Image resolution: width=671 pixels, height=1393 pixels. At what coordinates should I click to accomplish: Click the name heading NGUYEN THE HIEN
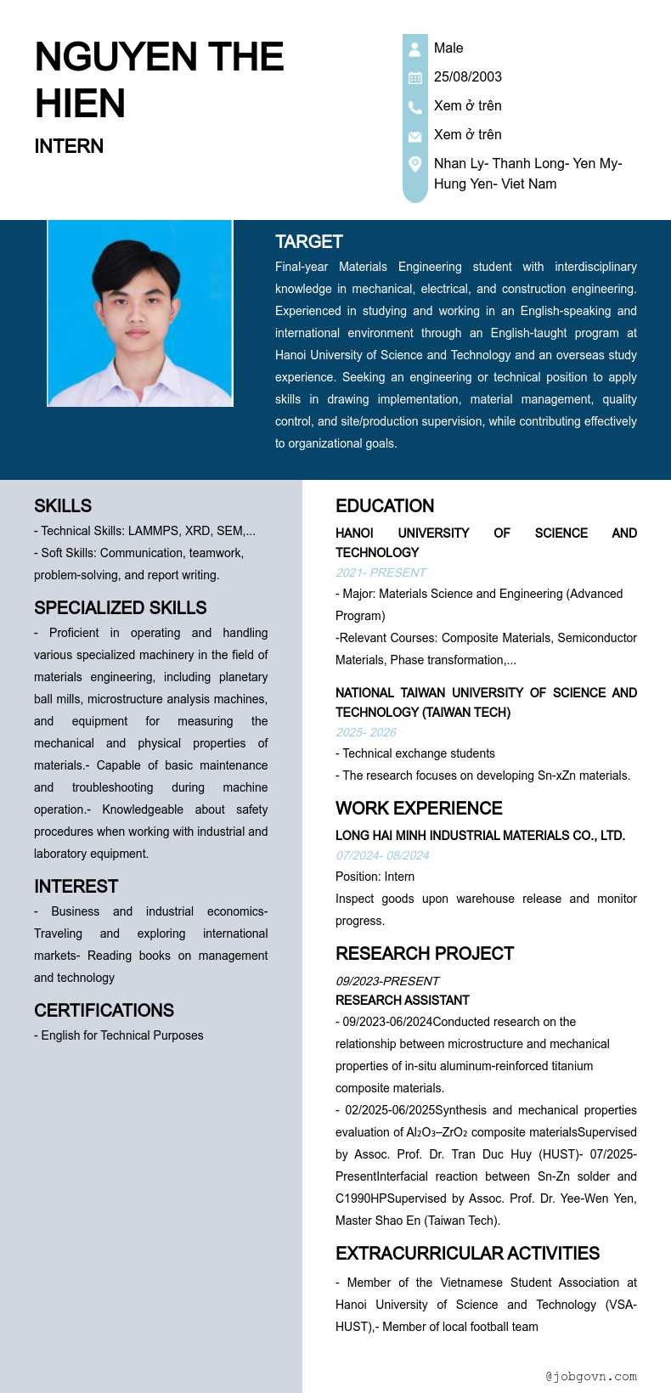click(160, 80)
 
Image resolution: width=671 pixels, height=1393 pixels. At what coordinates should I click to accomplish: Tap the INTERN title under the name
click(69, 146)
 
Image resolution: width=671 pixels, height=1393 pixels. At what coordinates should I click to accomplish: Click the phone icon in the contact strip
click(414, 107)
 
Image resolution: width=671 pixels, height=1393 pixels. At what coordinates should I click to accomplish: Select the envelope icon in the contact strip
click(414, 136)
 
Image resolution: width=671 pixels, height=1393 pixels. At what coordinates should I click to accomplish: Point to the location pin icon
click(414, 163)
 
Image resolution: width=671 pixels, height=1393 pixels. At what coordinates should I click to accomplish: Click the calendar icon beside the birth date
click(414, 78)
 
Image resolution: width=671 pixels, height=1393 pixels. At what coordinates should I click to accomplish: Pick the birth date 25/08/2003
click(467, 76)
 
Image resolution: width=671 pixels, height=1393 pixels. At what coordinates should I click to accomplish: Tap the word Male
click(448, 48)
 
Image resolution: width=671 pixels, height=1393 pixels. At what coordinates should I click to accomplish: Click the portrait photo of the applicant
click(140, 313)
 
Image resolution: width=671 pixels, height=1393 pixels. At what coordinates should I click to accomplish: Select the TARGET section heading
click(309, 242)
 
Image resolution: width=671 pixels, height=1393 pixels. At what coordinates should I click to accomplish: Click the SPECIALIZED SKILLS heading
click(120, 608)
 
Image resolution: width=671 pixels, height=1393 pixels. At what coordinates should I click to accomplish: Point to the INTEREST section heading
click(76, 887)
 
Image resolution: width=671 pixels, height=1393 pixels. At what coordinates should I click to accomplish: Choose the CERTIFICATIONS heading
click(104, 1011)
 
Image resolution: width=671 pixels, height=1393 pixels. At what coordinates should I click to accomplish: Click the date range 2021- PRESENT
click(381, 572)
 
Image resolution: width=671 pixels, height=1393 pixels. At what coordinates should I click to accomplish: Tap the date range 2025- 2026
click(366, 732)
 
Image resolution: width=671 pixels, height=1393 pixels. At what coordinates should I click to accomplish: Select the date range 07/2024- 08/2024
click(382, 855)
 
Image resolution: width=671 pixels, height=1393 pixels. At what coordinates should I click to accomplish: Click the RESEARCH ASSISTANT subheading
click(403, 1001)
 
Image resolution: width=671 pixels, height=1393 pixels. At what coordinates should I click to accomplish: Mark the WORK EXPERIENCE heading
click(419, 809)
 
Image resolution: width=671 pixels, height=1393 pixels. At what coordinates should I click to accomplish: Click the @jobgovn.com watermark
click(591, 1376)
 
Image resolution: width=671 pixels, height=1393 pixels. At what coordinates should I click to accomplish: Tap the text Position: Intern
click(375, 877)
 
